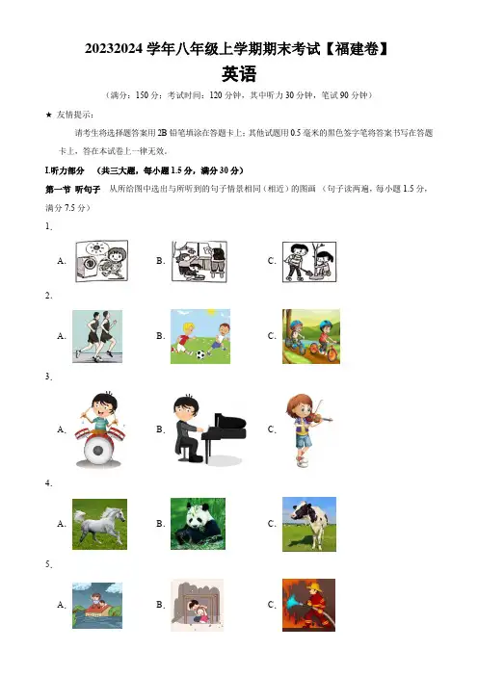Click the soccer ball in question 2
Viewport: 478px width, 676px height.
(x=200, y=355)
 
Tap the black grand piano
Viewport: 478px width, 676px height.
(x=224, y=435)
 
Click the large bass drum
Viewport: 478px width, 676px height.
(x=98, y=450)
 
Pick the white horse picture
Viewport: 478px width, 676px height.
(x=99, y=524)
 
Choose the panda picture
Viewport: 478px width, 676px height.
(x=198, y=524)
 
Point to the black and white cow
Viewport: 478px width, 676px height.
(x=309, y=524)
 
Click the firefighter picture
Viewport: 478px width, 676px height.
(x=309, y=605)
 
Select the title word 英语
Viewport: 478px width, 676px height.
(x=239, y=74)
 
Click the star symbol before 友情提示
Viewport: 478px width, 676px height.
(x=49, y=115)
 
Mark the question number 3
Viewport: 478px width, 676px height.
(x=49, y=377)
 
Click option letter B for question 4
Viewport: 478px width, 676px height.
(x=161, y=524)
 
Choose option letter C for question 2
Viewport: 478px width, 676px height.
(x=272, y=336)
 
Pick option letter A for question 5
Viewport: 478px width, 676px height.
(x=62, y=605)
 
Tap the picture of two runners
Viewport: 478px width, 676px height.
(x=97, y=336)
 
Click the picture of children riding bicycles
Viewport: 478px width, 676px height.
(x=311, y=336)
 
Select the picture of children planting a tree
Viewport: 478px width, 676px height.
(x=309, y=262)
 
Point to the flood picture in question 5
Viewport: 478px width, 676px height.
(x=97, y=606)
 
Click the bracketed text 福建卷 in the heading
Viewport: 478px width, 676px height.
(x=357, y=49)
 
